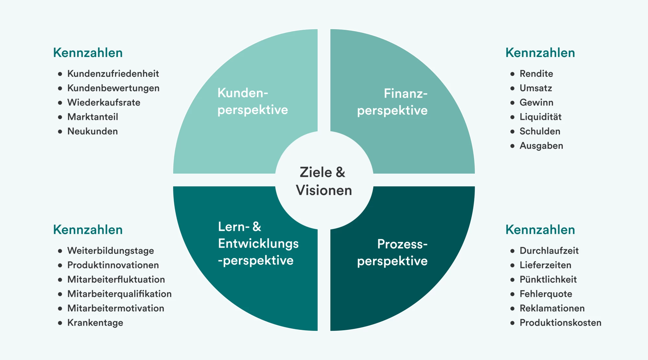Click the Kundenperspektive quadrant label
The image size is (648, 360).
[x=252, y=101]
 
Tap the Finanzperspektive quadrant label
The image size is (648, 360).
[x=392, y=102]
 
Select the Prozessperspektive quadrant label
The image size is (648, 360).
[x=392, y=252]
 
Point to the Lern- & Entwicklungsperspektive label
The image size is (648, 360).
[x=258, y=243]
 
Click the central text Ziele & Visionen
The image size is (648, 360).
[x=324, y=181]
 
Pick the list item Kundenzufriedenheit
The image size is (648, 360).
[x=113, y=74]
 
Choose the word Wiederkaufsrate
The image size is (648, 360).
[x=104, y=103]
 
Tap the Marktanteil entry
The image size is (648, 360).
[x=93, y=117]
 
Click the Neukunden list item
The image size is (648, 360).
[x=92, y=132]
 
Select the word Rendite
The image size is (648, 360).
[x=536, y=74]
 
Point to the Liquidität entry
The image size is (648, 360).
[x=540, y=117]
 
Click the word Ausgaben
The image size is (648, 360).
[x=541, y=146]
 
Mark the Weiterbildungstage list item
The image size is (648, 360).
[x=110, y=251]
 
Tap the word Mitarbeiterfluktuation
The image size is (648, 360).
[x=116, y=280]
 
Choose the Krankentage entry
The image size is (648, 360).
[x=95, y=323]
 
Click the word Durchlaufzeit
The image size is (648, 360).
[x=549, y=251]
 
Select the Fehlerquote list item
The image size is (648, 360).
[x=546, y=294]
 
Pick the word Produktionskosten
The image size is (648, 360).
[x=560, y=323]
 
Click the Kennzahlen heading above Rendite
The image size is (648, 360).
[x=540, y=53]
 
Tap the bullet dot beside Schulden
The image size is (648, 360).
[x=512, y=132]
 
